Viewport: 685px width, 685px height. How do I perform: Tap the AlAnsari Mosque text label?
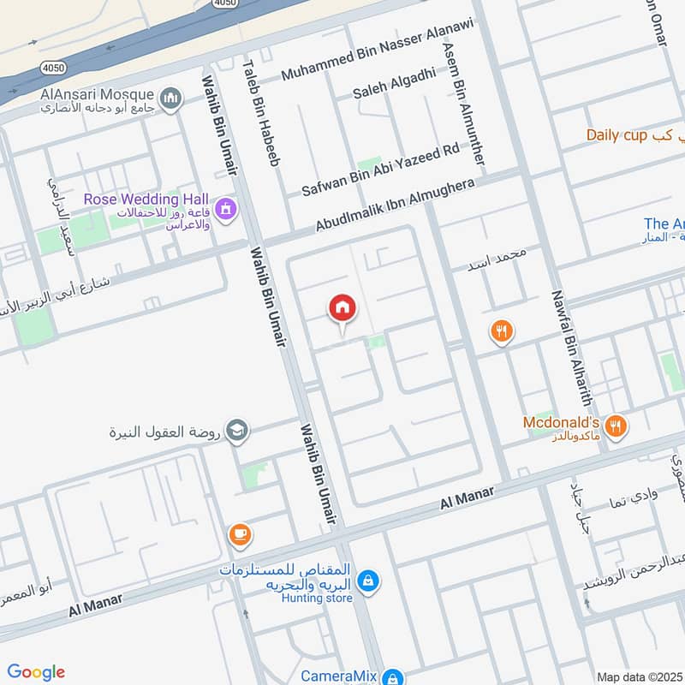[96, 94]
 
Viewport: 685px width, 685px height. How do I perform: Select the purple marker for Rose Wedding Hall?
[226, 208]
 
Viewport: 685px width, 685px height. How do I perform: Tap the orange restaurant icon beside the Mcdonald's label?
[614, 426]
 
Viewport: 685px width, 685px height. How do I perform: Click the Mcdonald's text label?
[561, 423]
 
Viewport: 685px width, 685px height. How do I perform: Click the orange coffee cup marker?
[240, 535]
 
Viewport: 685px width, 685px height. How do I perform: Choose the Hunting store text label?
[317, 599]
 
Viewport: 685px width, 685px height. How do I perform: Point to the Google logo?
[35, 671]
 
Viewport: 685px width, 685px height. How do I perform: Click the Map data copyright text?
[640, 676]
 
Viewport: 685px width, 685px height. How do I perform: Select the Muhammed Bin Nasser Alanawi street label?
[377, 62]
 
